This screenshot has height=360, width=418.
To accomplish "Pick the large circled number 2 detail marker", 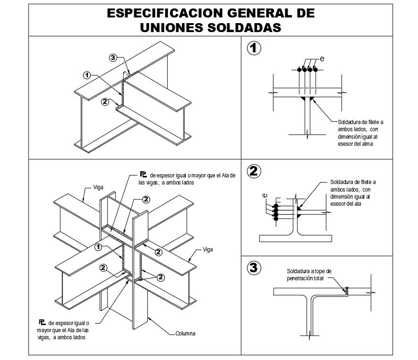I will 254,171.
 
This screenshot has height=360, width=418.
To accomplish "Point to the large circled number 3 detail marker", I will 254,268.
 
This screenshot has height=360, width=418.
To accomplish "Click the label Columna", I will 185,334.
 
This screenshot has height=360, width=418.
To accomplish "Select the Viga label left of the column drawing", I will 98,187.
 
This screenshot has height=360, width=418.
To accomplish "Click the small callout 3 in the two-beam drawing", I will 112,58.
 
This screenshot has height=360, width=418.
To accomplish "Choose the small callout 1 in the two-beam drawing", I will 86,75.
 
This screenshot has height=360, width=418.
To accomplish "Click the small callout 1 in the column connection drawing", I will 98,247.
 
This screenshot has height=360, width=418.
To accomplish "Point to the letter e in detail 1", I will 322,59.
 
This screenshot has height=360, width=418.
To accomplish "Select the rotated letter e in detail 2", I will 265,195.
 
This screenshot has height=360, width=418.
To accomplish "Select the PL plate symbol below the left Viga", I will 42,322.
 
